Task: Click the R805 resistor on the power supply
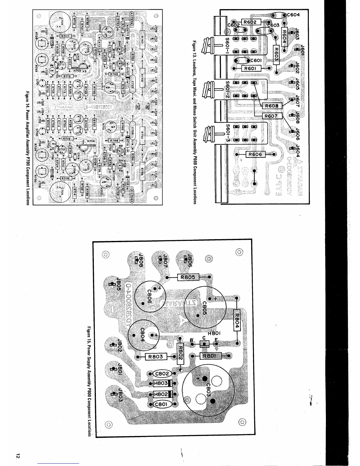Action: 188,277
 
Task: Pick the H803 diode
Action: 161,383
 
